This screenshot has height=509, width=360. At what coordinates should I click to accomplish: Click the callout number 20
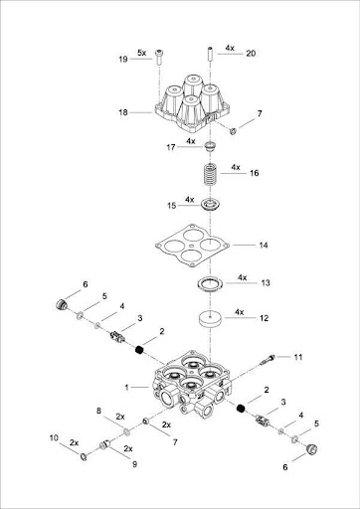click(x=251, y=53)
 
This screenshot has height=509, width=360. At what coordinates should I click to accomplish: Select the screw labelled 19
click(x=160, y=58)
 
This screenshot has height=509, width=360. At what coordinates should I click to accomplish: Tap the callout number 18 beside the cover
click(x=123, y=112)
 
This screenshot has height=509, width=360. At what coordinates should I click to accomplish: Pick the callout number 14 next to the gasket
click(x=264, y=246)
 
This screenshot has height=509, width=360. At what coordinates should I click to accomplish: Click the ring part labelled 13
click(x=209, y=284)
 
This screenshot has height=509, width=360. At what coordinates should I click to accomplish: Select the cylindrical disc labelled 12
click(x=211, y=319)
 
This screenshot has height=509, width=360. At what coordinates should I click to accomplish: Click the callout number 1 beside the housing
click(x=126, y=387)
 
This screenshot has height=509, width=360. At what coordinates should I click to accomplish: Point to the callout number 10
click(x=54, y=437)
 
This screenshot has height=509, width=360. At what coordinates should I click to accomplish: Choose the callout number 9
click(x=134, y=464)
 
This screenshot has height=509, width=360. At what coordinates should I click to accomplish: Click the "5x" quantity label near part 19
click(x=142, y=53)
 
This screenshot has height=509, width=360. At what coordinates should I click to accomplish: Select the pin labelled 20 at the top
click(x=210, y=54)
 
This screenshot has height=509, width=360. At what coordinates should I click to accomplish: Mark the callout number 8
click(x=98, y=411)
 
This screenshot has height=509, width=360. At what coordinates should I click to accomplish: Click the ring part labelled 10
click(x=84, y=457)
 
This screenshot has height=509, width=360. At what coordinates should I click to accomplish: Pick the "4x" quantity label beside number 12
click(x=240, y=312)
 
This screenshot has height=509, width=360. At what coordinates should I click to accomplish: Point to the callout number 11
click(x=298, y=357)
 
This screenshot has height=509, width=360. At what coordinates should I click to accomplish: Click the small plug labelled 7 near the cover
click(x=233, y=131)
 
